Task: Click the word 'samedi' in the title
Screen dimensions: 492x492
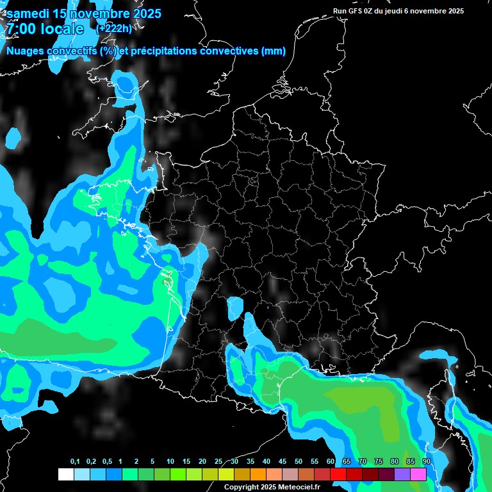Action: click(x=29, y=13)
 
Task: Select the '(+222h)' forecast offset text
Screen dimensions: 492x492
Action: click(x=113, y=28)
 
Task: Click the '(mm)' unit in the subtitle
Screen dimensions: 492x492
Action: click(x=274, y=51)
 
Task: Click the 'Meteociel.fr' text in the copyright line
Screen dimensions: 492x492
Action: click(x=299, y=487)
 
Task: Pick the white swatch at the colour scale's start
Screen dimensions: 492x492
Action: click(x=65, y=474)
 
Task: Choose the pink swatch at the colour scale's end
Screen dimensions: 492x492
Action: click(x=418, y=474)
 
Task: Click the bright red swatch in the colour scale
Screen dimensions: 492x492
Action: click(x=338, y=474)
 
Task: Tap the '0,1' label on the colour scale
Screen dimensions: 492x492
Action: click(x=75, y=462)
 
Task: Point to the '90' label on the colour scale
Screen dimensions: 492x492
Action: click(x=427, y=462)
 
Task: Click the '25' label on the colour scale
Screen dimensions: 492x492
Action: click(x=218, y=462)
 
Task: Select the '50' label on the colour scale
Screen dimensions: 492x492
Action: click(x=299, y=462)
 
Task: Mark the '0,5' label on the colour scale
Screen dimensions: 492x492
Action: click(x=106, y=462)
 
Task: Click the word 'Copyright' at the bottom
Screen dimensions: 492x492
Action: click(x=240, y=487)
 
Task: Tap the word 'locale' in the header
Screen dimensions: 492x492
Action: click(x=61, y=29)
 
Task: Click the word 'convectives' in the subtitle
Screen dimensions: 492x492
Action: click(x=230, y=51)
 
